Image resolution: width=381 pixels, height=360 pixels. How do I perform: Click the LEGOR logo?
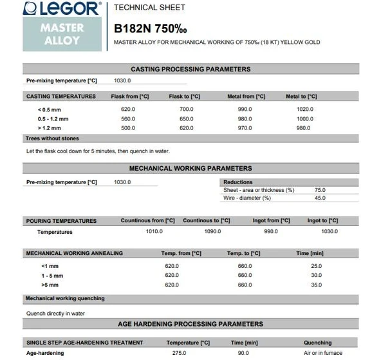[x=62, y=10]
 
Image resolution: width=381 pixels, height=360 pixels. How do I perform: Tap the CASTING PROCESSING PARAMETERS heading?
[x=190, y=69]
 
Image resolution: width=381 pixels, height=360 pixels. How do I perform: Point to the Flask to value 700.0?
[x=186, y=109]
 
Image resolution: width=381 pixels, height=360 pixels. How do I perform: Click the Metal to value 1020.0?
[x=304, y=109]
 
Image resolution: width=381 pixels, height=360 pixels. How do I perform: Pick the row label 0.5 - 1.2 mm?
[x=53, y=118]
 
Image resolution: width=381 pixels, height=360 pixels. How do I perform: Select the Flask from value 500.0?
[x=127, y=128]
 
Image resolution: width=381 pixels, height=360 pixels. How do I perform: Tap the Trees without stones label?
[x=52, y=138]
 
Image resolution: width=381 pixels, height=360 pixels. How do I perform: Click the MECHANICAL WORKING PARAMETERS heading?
[x=190, y=168]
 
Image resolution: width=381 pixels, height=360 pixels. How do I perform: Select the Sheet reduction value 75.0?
[x=320, y=190]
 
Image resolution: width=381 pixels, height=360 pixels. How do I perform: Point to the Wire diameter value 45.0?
[x=320, y=198]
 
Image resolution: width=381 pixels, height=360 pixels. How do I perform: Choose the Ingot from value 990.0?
[x=271, y=231]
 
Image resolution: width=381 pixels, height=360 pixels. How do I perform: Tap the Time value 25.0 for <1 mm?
[x=316, y=266]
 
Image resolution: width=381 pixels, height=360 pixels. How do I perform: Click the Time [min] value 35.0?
[x=316, y=284]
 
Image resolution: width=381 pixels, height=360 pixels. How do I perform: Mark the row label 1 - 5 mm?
[x=50, y=275]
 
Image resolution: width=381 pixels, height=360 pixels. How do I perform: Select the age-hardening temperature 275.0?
[x=179, y=353]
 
